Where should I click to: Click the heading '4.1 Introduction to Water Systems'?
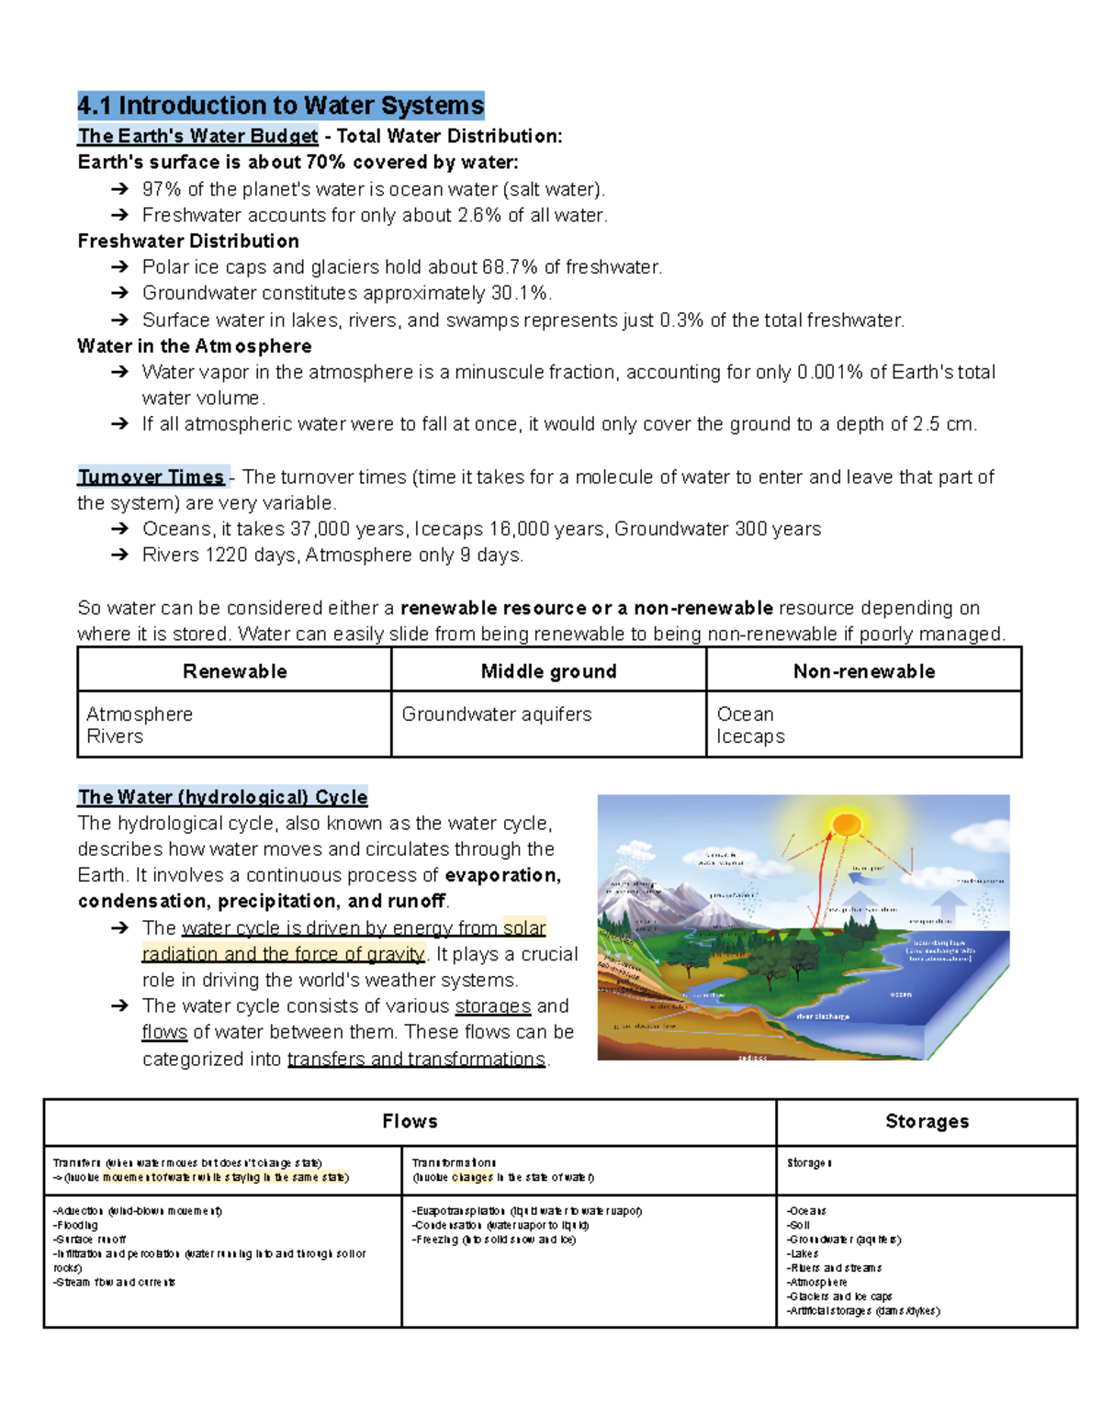click(x=280, y=106)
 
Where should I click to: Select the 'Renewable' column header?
click(x=234, y=671)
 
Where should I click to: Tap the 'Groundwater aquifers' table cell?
click(x=496, y=714)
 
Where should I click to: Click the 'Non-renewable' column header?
click(x=863, y=671)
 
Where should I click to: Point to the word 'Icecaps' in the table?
click(x=750, y=736)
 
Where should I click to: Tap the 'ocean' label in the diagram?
click(x=900, y=994)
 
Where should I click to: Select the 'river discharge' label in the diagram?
click(x=822, y=1016)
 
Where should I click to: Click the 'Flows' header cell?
click(x=410, y=1121)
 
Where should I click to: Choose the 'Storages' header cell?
click(x=927, y=1121)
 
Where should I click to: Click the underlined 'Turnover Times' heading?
click(x=152, y=477)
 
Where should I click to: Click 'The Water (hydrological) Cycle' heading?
click(x=222, y=797)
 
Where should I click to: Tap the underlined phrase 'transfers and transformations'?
click(x=417, y=1059)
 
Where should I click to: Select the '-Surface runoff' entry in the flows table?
click(x=89, y=1240)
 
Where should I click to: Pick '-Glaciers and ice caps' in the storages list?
click(x=839, y=1297)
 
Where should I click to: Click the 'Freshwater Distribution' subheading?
click(x=188, y=241)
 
